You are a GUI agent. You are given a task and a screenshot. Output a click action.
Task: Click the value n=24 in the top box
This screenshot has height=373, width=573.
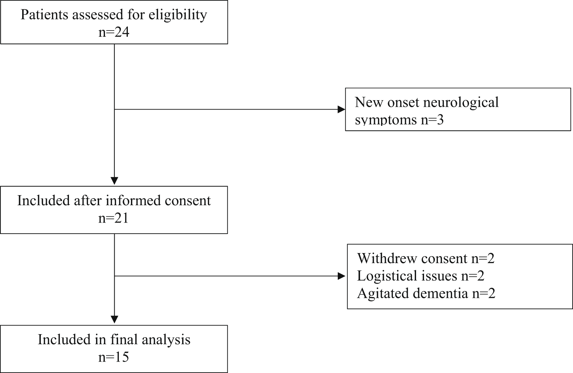(x=114, y=32)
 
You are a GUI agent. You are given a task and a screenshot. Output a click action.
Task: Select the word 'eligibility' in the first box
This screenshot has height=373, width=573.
(x=178, y=15)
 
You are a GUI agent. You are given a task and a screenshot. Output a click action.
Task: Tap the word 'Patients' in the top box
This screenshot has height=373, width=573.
(x=44, y=15)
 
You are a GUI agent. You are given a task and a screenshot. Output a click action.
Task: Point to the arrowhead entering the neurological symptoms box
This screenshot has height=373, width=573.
(x=342, y=109)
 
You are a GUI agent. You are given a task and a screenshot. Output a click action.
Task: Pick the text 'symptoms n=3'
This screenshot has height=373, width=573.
(x=399, y=120)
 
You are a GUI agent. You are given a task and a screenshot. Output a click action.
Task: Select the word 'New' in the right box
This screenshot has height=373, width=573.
(x=369, y=102)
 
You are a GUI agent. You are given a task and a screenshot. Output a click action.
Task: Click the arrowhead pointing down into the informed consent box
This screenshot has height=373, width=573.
(x=114, y=181)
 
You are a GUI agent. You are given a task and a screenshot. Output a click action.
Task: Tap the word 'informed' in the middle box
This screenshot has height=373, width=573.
(x=133, y=200)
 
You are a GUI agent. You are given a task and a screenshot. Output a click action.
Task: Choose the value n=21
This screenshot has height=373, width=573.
(x=113, y=218)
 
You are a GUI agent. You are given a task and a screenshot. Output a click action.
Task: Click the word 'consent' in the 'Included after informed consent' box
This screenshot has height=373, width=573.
(x=188, y=200)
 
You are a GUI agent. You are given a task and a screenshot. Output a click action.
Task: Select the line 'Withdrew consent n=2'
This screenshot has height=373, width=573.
(x=426, y=258)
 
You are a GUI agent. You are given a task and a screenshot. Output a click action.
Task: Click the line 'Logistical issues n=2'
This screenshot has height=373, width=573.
(x=421, y=276)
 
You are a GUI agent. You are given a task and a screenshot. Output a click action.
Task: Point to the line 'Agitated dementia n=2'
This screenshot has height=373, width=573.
(x=426, y=293)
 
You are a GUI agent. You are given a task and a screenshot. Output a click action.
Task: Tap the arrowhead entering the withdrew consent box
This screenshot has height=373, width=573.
(x=342, y=276)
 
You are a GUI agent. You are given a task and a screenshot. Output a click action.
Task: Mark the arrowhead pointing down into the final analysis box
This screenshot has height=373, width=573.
(x=114, y=320)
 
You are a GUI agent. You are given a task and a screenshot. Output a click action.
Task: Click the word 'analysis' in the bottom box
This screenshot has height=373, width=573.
(x=166, y=340)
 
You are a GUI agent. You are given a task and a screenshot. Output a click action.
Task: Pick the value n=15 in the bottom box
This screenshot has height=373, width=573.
(x=114, y=357)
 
